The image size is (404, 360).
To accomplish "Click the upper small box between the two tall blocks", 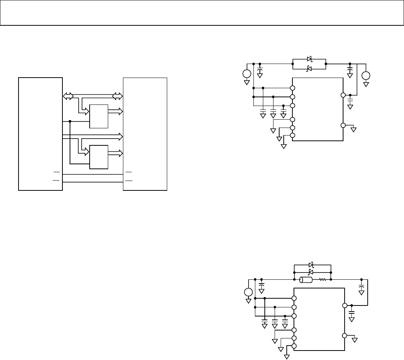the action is (99, 116).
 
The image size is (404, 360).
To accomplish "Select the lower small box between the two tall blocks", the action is (99, 157).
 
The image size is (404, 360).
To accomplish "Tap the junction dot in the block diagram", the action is (70, 122).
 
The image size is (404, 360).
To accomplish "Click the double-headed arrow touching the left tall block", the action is (68, 97).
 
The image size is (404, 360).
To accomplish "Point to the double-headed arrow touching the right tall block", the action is (118, 97).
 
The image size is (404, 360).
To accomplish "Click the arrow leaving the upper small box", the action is (115, 111).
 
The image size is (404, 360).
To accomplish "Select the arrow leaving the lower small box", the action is (115, 153).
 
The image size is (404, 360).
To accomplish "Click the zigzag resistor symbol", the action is (323, 280).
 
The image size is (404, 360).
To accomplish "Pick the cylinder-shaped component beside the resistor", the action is (306, 280).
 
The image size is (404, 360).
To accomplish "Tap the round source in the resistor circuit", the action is (248, 292).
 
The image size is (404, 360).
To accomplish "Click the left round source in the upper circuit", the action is (247, 74).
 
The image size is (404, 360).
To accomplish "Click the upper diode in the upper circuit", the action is (309, 59).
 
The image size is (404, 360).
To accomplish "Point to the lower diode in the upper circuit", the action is (309, 69).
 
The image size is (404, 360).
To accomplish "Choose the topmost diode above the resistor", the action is (311, 265).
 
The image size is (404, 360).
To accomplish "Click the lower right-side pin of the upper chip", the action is (343, 125).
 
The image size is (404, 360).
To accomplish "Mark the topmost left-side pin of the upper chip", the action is (292, 88).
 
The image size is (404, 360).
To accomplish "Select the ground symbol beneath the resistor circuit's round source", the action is (248, 301).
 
